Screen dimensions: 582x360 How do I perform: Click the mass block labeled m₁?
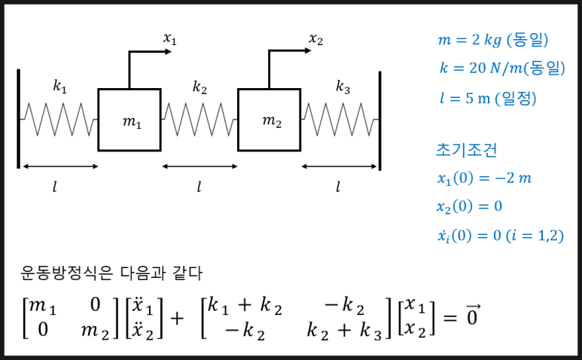tap(129, 120)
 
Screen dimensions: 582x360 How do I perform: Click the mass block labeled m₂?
tap(269, 120)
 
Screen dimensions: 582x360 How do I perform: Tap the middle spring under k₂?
tap(199, 117)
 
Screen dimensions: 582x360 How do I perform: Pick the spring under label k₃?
tap(340, 117)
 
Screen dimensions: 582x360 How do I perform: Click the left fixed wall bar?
tap(18, 119)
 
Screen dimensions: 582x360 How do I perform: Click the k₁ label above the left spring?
tap(59, 87)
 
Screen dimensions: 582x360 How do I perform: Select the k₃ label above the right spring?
tap(343, 87)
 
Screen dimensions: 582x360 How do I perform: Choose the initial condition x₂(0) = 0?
tap(468, 206)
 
